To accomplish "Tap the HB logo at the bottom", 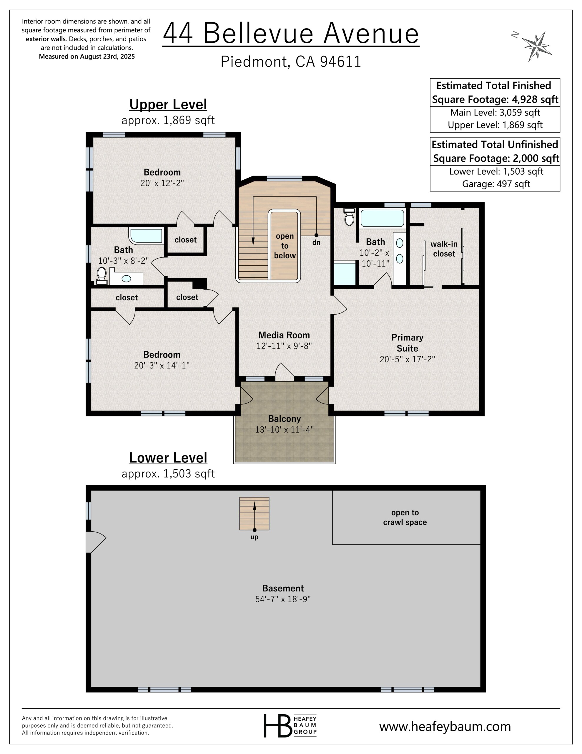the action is pos(290,726).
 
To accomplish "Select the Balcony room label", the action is pos(285,419).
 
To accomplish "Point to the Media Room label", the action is pos(284,335).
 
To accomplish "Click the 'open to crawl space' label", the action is pos(405,517).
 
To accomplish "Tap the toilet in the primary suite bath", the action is pos(350,217).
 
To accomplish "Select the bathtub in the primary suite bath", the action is pos(382,218).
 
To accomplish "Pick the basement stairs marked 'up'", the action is pos(254,513).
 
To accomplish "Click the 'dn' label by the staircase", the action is pos(316,243).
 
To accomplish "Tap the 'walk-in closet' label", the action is pos(444,249).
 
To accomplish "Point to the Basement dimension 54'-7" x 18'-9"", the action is pos(283,599).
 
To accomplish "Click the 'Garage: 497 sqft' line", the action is pos(496,184).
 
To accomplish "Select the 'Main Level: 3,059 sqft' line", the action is pos(495,113).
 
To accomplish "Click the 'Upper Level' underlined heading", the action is pos(168,105).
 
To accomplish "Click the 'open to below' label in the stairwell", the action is pos(285,246).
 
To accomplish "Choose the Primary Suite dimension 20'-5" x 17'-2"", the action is pos(407,359).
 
